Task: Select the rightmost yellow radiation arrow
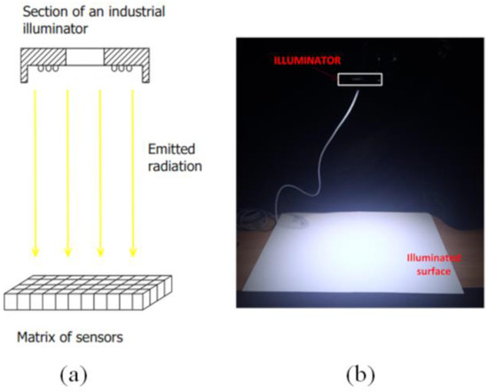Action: click(x=133, y=169)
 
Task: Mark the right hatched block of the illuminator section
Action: click(x=126, y=58)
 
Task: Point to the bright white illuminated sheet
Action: click(x=355, y=257)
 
